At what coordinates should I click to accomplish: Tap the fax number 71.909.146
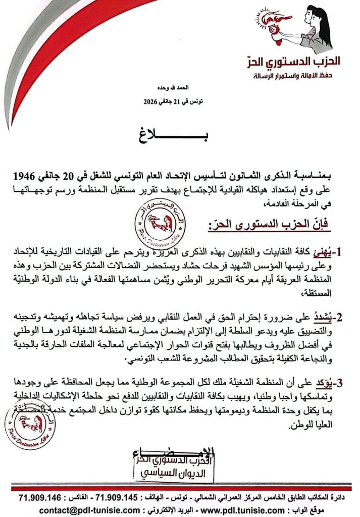pyautogui.click(x=40, y=497)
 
